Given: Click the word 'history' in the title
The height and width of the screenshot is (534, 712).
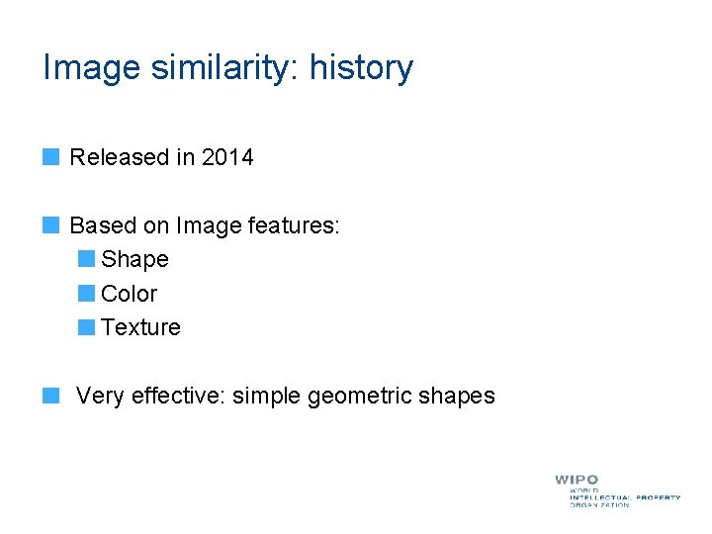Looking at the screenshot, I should [361, 68].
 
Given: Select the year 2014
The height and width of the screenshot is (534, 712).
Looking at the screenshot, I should [227, 157].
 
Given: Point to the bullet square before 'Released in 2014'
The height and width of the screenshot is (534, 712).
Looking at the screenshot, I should [51, 156].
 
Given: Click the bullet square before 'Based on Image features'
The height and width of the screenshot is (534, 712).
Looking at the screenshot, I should [51, 225].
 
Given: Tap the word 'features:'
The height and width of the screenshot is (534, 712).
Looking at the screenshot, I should [295, 226].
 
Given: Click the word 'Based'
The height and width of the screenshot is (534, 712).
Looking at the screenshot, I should [104, 226].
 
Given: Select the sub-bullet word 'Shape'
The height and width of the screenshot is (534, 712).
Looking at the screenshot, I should [134, 260].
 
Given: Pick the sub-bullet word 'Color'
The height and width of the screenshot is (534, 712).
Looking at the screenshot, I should [130, 294].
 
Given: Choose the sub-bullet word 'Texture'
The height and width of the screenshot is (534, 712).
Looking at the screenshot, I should [140, 327].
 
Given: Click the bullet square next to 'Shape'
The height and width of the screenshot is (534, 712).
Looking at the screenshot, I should [86, 259].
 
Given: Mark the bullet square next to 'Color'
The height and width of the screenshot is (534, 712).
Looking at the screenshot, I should [86, 293].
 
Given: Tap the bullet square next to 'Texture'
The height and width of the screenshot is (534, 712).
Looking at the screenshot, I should [86, 326].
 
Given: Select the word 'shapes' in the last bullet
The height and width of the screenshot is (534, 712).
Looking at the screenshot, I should [456, 397].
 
